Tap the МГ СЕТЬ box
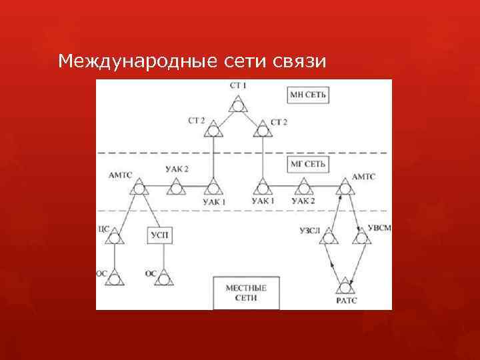pyautogui.click(x=308, y=165)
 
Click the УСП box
pyautogui.click(x=160, y=235)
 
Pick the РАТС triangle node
pyautogui.click(x=345, y=287)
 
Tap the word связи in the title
pyautogui.click(x=299, y=62)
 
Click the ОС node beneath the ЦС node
pyautogui.click(x=115, y=279)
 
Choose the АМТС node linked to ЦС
pyautogui.click(x=139, y=189)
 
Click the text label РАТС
pyautogui.click(x=346, y=301)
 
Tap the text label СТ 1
pyautogui.click(x=237, y=86)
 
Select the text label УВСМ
pyautogui.click(x=380, y=229)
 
